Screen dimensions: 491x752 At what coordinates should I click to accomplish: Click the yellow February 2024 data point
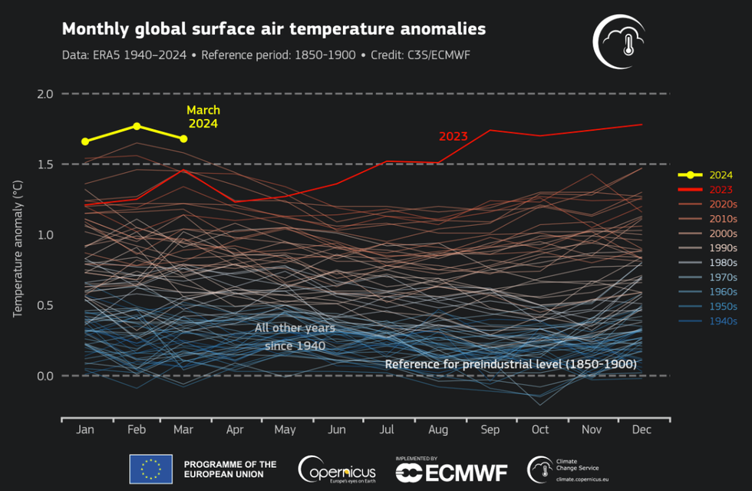tap(137, 126)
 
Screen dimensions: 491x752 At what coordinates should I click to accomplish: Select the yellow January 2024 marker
tap(85, 141)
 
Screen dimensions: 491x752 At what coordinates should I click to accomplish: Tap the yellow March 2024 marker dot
tap(183, 138)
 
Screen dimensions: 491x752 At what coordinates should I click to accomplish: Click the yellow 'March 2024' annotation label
tap(203, 117)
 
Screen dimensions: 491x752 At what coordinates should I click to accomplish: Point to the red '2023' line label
tap(453, 137)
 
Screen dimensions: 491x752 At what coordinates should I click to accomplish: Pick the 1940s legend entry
tap(721, 321)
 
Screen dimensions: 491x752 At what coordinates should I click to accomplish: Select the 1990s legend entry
tap(721, 248)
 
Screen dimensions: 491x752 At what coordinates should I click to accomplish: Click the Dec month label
tap(642, 430)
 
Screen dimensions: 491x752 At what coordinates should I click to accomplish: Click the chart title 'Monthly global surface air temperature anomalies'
tap(273, 29)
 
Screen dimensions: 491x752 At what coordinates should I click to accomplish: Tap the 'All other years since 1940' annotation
tap(295, 337)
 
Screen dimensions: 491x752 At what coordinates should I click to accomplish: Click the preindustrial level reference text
tap(510, 363)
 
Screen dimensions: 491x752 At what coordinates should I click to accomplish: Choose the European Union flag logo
tap(150, 469)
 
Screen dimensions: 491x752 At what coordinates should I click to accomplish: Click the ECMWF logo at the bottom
tap(451, 470)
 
